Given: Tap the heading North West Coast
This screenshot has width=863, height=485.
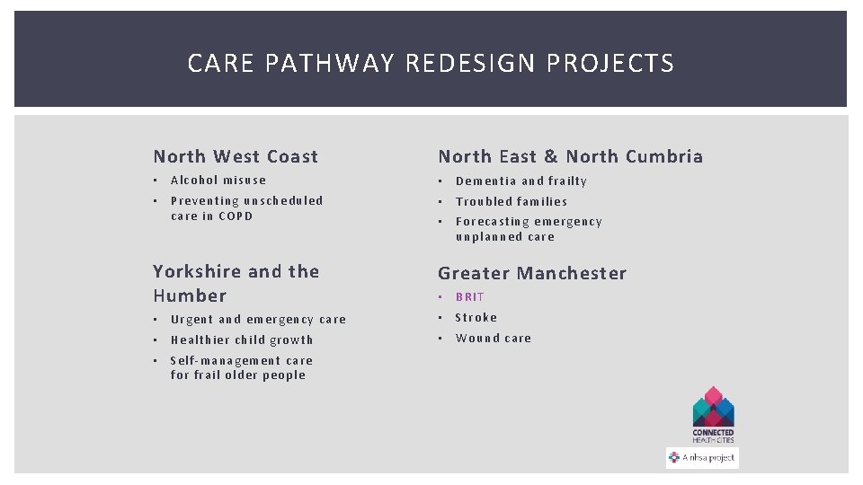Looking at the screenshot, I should point(236,156).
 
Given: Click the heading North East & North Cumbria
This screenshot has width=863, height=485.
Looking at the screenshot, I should point(570,156).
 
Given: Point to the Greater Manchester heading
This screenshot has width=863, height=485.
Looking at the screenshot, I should point(531,273).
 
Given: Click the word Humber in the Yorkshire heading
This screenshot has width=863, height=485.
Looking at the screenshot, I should point(190,295).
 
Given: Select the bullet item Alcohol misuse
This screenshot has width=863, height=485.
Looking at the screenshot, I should point(218,181).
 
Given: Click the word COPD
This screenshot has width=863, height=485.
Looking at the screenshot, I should point(236,216).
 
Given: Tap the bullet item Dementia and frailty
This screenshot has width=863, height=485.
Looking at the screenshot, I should point(520,181).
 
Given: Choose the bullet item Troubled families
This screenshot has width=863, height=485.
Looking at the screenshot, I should point(511,201).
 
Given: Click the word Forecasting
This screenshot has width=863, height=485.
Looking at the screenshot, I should point(494,222).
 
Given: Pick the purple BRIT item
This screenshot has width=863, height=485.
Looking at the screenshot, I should point(470,296).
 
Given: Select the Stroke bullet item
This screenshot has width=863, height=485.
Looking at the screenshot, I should point(476,317).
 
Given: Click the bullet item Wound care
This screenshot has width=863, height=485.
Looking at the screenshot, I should point(493,338).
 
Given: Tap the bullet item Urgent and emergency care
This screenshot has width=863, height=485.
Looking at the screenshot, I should point(258,319).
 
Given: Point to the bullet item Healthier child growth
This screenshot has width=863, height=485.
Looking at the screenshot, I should point(242,339).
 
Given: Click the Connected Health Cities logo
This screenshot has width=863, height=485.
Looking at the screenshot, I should point(713,414).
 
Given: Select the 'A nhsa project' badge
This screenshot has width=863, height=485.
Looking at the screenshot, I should point(702,457).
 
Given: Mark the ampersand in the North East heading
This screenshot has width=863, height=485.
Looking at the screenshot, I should point(551,156).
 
